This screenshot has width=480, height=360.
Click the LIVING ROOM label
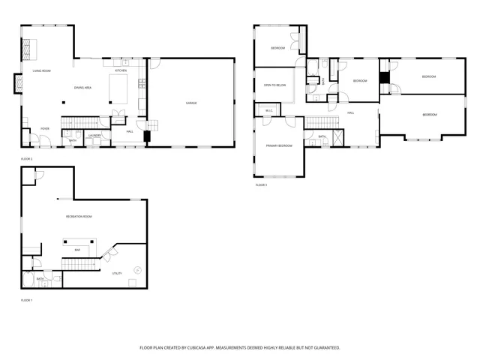pyautogui.click(x=41, y=70)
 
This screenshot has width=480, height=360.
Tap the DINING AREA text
pyautogui.click(x=82, y=88)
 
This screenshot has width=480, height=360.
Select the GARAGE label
pyautogui.click(x=191, y=103)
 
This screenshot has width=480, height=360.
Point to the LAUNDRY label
pyautogui.click(x=94, y=135)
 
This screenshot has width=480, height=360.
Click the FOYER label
pyautogui.click(x=45, y=128)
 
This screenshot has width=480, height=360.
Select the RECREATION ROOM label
pyautogui.click(x=78, y=216)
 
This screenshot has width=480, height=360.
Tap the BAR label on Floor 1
pyautogui.click(x=77, y=250)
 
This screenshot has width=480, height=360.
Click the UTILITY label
pyautogui.click(x=117, y=274)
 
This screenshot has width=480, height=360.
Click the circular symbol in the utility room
pyautogui.click(x=136, y=269)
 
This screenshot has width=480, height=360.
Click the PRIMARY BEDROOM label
pyautogui.click(x=279, y=145)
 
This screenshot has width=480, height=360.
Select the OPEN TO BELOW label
pyautogui.click(x=274, y=85)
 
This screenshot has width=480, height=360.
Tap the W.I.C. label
pyautogui.click(x=269, y=111)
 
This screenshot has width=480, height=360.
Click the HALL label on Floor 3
pyautogui.click(x=350, y=112)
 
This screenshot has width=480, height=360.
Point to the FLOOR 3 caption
pyautogui.click(x=261, y=184)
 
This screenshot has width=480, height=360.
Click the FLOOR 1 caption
pyautogui.click(x=27, y=300)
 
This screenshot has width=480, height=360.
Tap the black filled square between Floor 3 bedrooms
pyautogui.click(x=384, y=77)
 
